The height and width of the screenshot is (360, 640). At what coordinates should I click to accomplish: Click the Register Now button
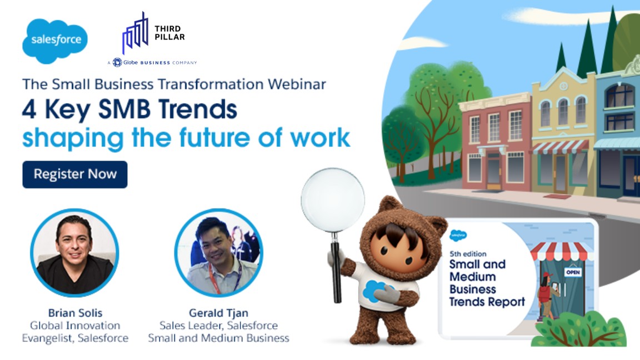pyautogui.click(x=75, y=174)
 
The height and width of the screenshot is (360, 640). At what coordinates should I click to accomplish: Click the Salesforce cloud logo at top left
pyautogui.click(x=55, y=41)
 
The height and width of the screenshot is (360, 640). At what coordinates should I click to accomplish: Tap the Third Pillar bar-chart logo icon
pyautogui.click(x=136, y=34)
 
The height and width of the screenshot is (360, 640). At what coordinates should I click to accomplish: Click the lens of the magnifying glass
pyautogui.click(x=333, y=199)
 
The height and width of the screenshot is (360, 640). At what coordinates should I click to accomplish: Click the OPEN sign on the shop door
pyautogui.click(x=573, y=272)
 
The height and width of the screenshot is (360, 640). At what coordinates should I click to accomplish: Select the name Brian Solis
pyautogui.click(x=74, y=312)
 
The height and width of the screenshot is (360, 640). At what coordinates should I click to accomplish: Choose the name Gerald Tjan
pyautogui.click(x=218, y=312)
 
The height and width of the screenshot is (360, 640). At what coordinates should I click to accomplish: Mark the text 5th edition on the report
pyautogui.click(x=468, y=254)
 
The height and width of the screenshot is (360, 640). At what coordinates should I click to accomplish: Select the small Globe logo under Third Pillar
pyautogui.click(x=117, y=62)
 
